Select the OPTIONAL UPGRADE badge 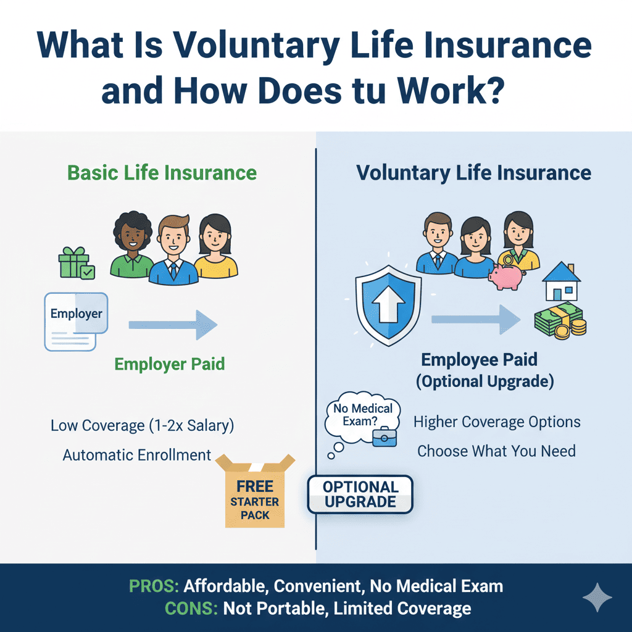360,494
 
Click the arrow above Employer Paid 173,325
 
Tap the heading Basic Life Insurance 162,172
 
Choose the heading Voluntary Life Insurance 473,172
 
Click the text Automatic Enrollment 137,455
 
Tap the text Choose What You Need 496,451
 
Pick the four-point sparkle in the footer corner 597,597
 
